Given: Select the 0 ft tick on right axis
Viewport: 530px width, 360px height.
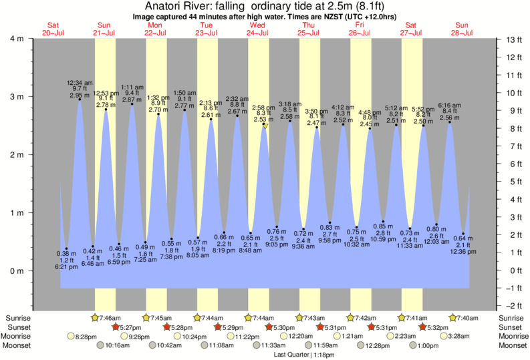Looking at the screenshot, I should click(511, 271).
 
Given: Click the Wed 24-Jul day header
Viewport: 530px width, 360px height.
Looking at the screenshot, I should click(257, 28).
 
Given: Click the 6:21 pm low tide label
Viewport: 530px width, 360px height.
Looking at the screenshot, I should click(66, 266).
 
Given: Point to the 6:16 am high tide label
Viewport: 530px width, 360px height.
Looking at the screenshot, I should click(449, 106).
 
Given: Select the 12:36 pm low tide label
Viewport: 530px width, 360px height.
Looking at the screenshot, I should click(462, 252).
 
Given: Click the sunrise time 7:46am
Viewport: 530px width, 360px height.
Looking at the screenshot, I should click(110, 317).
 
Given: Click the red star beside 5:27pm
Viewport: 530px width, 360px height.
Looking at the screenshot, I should click(115, 327).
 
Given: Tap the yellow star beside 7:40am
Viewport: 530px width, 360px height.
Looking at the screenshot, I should click(453, 317).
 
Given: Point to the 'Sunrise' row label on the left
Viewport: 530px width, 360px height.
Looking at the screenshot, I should click(19, 317).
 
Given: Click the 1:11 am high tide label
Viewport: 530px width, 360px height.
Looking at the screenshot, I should click(131, 87).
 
